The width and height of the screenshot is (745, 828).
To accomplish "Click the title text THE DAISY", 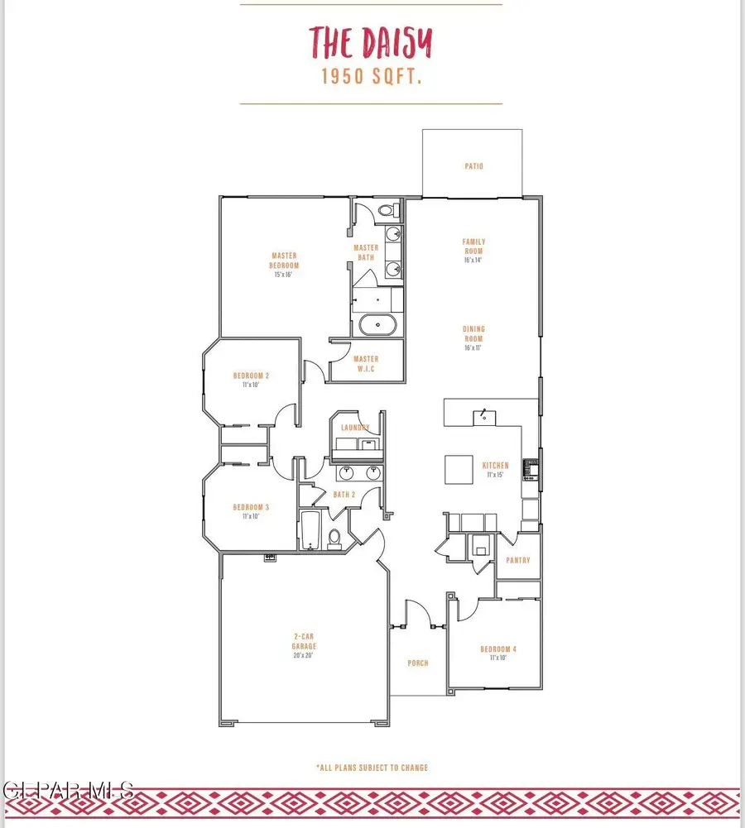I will pyautogui.click(x=371, y=41).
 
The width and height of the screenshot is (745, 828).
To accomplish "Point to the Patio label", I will pyautogui.click(x=473, y=166).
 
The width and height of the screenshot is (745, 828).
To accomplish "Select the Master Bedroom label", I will pyautogui.click(x=284, y=261).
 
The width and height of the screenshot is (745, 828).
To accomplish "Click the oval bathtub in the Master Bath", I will pyautogui.click(x=379, y=325).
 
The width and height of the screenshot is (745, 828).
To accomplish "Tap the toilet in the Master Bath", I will pyautogui.click(x=385, y=212).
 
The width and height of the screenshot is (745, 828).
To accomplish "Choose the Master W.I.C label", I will pyautogui.click(x=366, y=364).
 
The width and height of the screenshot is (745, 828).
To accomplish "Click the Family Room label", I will pyautogui.click(x=473, y=246).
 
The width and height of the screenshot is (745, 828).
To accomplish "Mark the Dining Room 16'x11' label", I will pyautogui.click(x=473, y=338).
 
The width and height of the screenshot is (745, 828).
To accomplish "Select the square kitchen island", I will pyautogui.click(x=459, y=469).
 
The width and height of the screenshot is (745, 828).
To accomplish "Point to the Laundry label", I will pyautogui.click(x=355, y=428).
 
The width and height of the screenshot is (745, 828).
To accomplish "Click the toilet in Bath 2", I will pyautogui.click(x=335, y=539).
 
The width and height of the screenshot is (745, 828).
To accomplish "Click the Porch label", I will pyautogui.click(x=418, y=663).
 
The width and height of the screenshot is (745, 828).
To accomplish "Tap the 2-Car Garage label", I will pyautogui.click(x=304, y=642).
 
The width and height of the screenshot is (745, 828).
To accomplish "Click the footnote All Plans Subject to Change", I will pyautogui.click(x=372, y=768).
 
